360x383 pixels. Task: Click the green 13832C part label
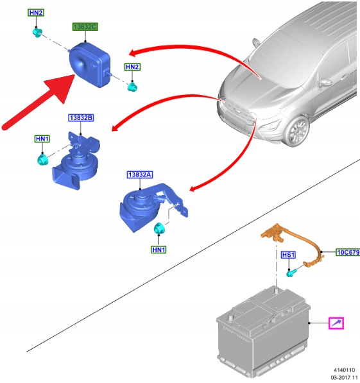click(x=85, y=27)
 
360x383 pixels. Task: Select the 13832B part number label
click(x=81, y=118)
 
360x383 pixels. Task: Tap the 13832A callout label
click(x=140, y=174)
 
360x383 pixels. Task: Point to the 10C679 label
click(x=348, y=252)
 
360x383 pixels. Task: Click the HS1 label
click(x=288, y=255)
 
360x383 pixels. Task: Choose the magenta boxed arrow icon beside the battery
click(x=336, y=323)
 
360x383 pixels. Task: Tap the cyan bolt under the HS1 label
click(x=291, y=273)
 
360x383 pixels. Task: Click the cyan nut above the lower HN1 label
click(x=159, y=228)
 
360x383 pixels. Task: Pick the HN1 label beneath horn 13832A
click(x=159, y=250)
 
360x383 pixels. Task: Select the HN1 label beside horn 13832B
click(x=42, y=139)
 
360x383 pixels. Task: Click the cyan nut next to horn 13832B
click(x=43, y=159)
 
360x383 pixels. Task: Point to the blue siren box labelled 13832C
click(x=90, y=65)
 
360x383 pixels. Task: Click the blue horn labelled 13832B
click(x=76, y=161)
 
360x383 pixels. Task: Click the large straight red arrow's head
click(x=61, y=87)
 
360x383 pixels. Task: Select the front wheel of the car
click(x=297, y=131)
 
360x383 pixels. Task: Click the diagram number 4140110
click(x=345, y=370)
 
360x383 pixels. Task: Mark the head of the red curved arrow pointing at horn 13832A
click(x=194, y=188)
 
